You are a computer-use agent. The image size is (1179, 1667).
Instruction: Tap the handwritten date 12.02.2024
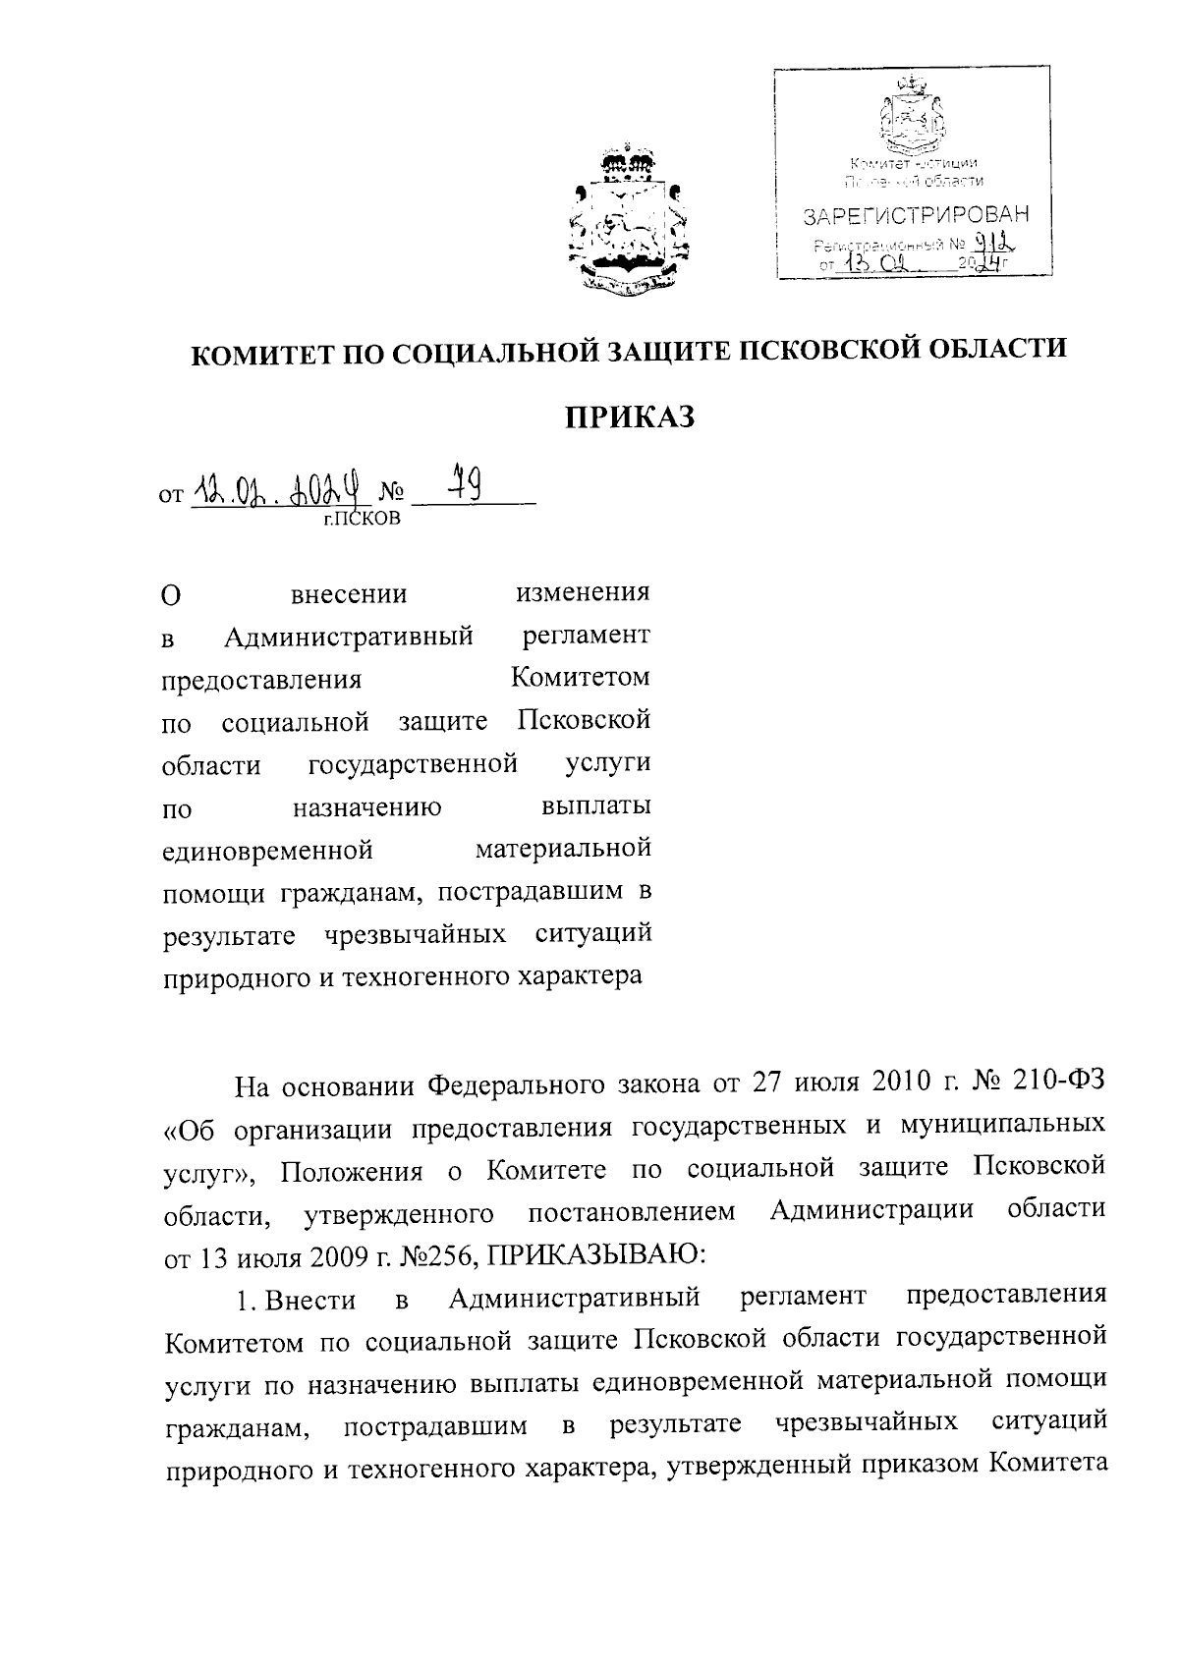coord(278,487)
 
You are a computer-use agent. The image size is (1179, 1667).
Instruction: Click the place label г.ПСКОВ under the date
coord(362,519)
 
